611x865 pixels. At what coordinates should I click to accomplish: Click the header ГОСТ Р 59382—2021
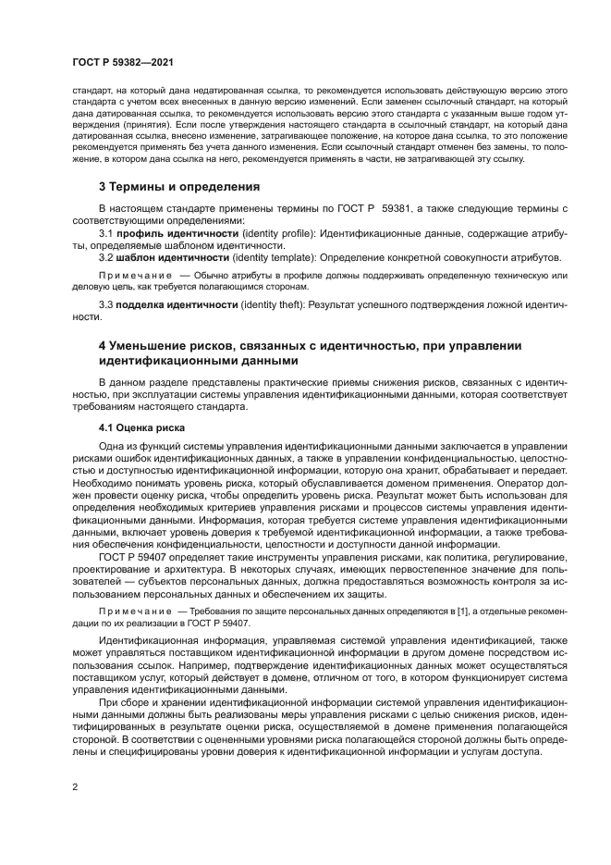pyautogui.click(x=122, y=61)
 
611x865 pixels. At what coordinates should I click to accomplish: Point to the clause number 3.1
pyautogui.click(x=106, y=235)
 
